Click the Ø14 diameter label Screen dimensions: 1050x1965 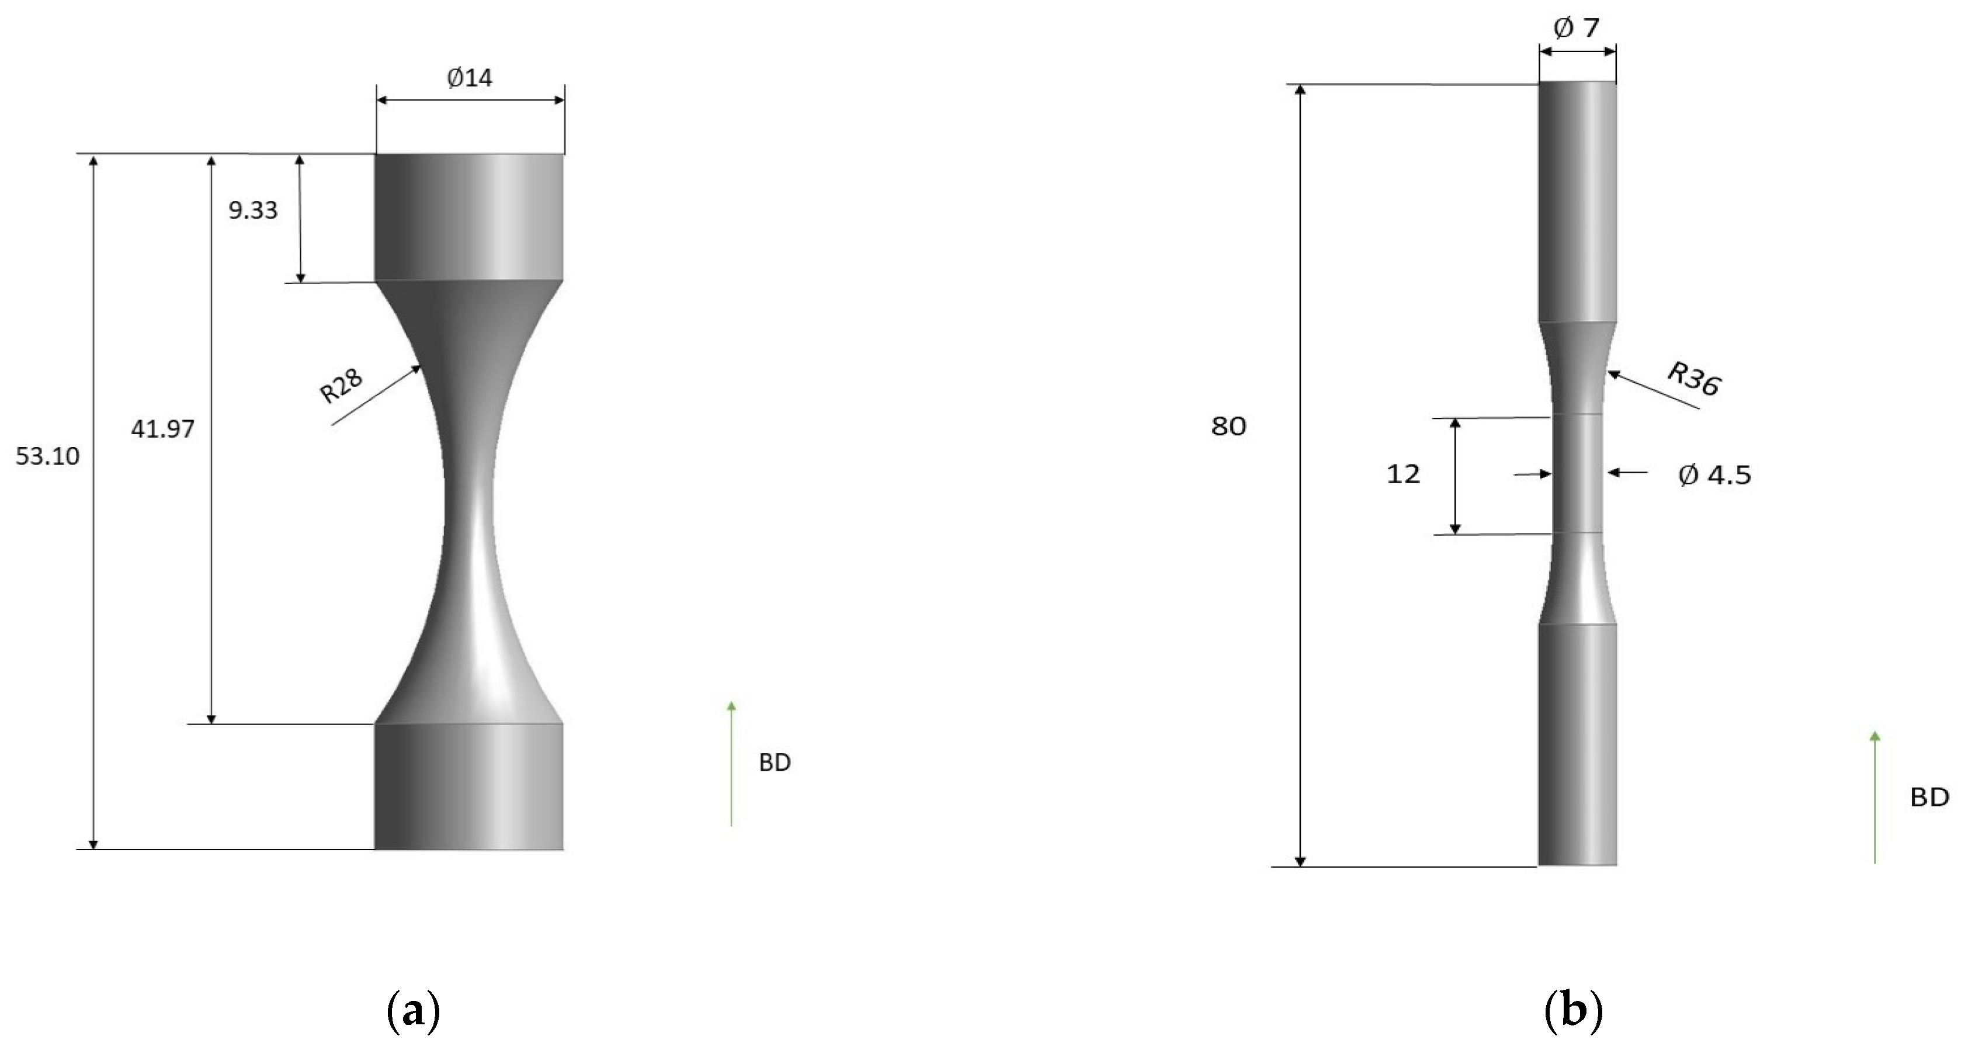click(470, 78)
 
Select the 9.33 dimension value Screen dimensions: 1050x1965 click(252, 210)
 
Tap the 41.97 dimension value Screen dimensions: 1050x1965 click(162, 429)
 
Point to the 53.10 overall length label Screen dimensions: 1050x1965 click(47, 456)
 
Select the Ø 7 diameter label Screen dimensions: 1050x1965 click(1576, 28)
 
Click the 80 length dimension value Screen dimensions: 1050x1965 click(1228, 427)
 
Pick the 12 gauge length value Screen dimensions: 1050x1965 click(1403, 474)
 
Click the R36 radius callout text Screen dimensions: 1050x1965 click(1693, 379)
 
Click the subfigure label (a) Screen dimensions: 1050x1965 click(414, 1013)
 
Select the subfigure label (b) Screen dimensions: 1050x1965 click(1573, 1013)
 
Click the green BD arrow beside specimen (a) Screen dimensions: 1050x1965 click(731, 763)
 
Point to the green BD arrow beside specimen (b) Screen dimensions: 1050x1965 click(1875, 798)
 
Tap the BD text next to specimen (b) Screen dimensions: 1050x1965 click(1929, 798)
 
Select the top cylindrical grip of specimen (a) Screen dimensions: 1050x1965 click(469, 217)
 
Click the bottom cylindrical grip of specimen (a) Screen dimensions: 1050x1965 click(469, 786)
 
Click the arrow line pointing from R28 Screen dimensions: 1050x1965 click(377, 394)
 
